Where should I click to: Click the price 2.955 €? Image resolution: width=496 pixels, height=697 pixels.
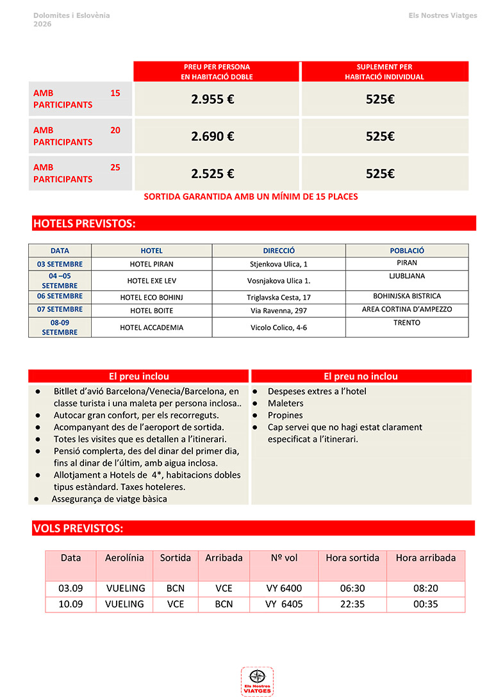tap(212, 99)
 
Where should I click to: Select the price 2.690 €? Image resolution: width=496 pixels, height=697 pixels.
tap(212, 136)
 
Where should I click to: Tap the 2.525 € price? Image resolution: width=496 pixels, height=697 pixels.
tap(212, 174)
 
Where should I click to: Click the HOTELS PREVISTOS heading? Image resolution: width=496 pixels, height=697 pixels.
tap(84, 224)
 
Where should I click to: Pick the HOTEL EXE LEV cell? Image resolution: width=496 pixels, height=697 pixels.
tap(151, 281)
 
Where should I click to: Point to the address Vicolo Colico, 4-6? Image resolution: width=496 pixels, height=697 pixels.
tap(279, 327)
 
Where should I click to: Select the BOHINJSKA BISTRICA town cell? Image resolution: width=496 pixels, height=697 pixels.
tap(407, 297)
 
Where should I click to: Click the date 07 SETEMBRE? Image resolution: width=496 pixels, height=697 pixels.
tap(60, 310)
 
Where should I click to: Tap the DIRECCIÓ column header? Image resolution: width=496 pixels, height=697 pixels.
tap(279, 251)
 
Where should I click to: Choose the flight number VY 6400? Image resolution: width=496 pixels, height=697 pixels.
tap(284, 588)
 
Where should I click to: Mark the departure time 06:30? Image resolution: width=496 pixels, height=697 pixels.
tap(352, 588)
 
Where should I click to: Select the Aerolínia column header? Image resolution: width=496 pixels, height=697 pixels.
tap(124, 558)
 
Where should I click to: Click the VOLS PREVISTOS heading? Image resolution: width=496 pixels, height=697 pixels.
tap(78, 529)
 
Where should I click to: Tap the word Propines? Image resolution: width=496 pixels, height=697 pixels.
tap(285, 415)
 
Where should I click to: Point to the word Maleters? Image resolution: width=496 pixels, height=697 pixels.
tap(285, 403)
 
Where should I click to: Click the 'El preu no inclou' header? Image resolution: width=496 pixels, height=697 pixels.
tap(361, 377)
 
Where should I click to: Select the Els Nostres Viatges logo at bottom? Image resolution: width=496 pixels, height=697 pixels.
tap(257, 681)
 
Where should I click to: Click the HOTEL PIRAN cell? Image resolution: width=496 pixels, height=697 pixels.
tap(151, 264)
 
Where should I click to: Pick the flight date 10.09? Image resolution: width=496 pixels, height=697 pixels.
tap(70, 604)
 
